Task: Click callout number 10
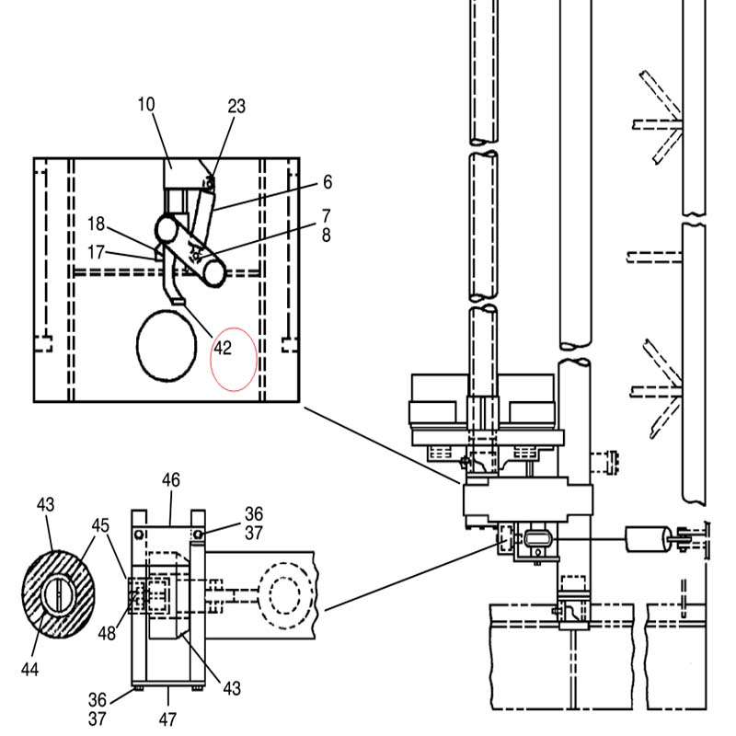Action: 146,104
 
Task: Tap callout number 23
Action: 236,107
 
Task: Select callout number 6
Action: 328,182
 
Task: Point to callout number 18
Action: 97,224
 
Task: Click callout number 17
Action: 96,252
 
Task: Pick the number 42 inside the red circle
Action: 223,348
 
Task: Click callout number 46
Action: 171,480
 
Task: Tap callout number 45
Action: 100,525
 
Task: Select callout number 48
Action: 107,633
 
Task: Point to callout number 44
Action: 29,670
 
